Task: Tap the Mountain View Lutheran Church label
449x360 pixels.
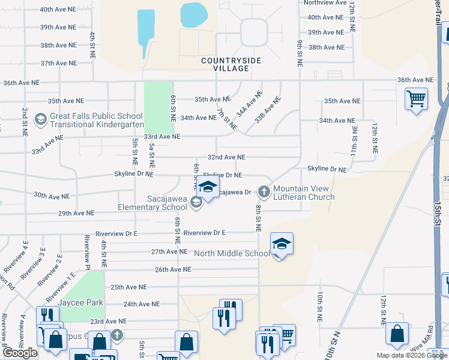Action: click(304, 193)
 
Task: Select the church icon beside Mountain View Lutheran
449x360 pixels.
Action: click(263, 192)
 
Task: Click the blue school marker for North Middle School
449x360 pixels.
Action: click(281, 244)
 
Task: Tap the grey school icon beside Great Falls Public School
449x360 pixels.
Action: click(41, 119)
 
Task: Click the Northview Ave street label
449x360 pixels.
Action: click(325, 3)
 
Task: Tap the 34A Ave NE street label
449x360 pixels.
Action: click(250, 103)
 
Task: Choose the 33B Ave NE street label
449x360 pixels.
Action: click(268, 110)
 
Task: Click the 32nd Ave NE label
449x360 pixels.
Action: click(226, 157)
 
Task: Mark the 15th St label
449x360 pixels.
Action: click(444, 205)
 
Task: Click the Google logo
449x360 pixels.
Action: click(20, 353)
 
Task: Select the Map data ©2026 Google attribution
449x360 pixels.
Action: click(411, 355)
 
